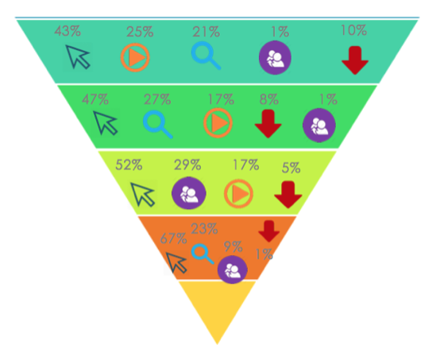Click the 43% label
[68, 31]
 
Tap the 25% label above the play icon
[140, 32]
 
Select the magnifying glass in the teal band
[206, 56]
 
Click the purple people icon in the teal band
[275, 58]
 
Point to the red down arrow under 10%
[355, 60]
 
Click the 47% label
[95, 99]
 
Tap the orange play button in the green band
[218, 123]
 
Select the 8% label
[268, 99]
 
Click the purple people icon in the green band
[319, 125]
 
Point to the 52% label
[129, 165]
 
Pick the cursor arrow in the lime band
[142, 195]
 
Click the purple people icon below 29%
[189, 193]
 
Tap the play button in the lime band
[238, 194]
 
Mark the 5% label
[291, 168]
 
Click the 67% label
[173, 239]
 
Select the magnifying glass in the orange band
[203, 254]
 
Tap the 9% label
[233, 246]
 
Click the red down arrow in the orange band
[268, 231]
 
